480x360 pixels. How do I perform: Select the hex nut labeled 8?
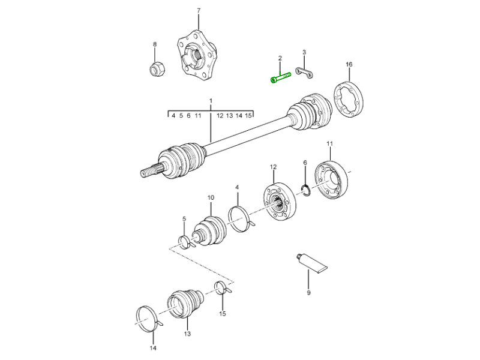155,68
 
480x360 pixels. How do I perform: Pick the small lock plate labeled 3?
306,74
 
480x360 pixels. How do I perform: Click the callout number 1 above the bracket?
211,100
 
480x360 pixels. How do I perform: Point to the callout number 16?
349,64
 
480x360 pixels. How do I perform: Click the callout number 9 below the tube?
308,293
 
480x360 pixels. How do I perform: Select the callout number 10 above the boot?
211,197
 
